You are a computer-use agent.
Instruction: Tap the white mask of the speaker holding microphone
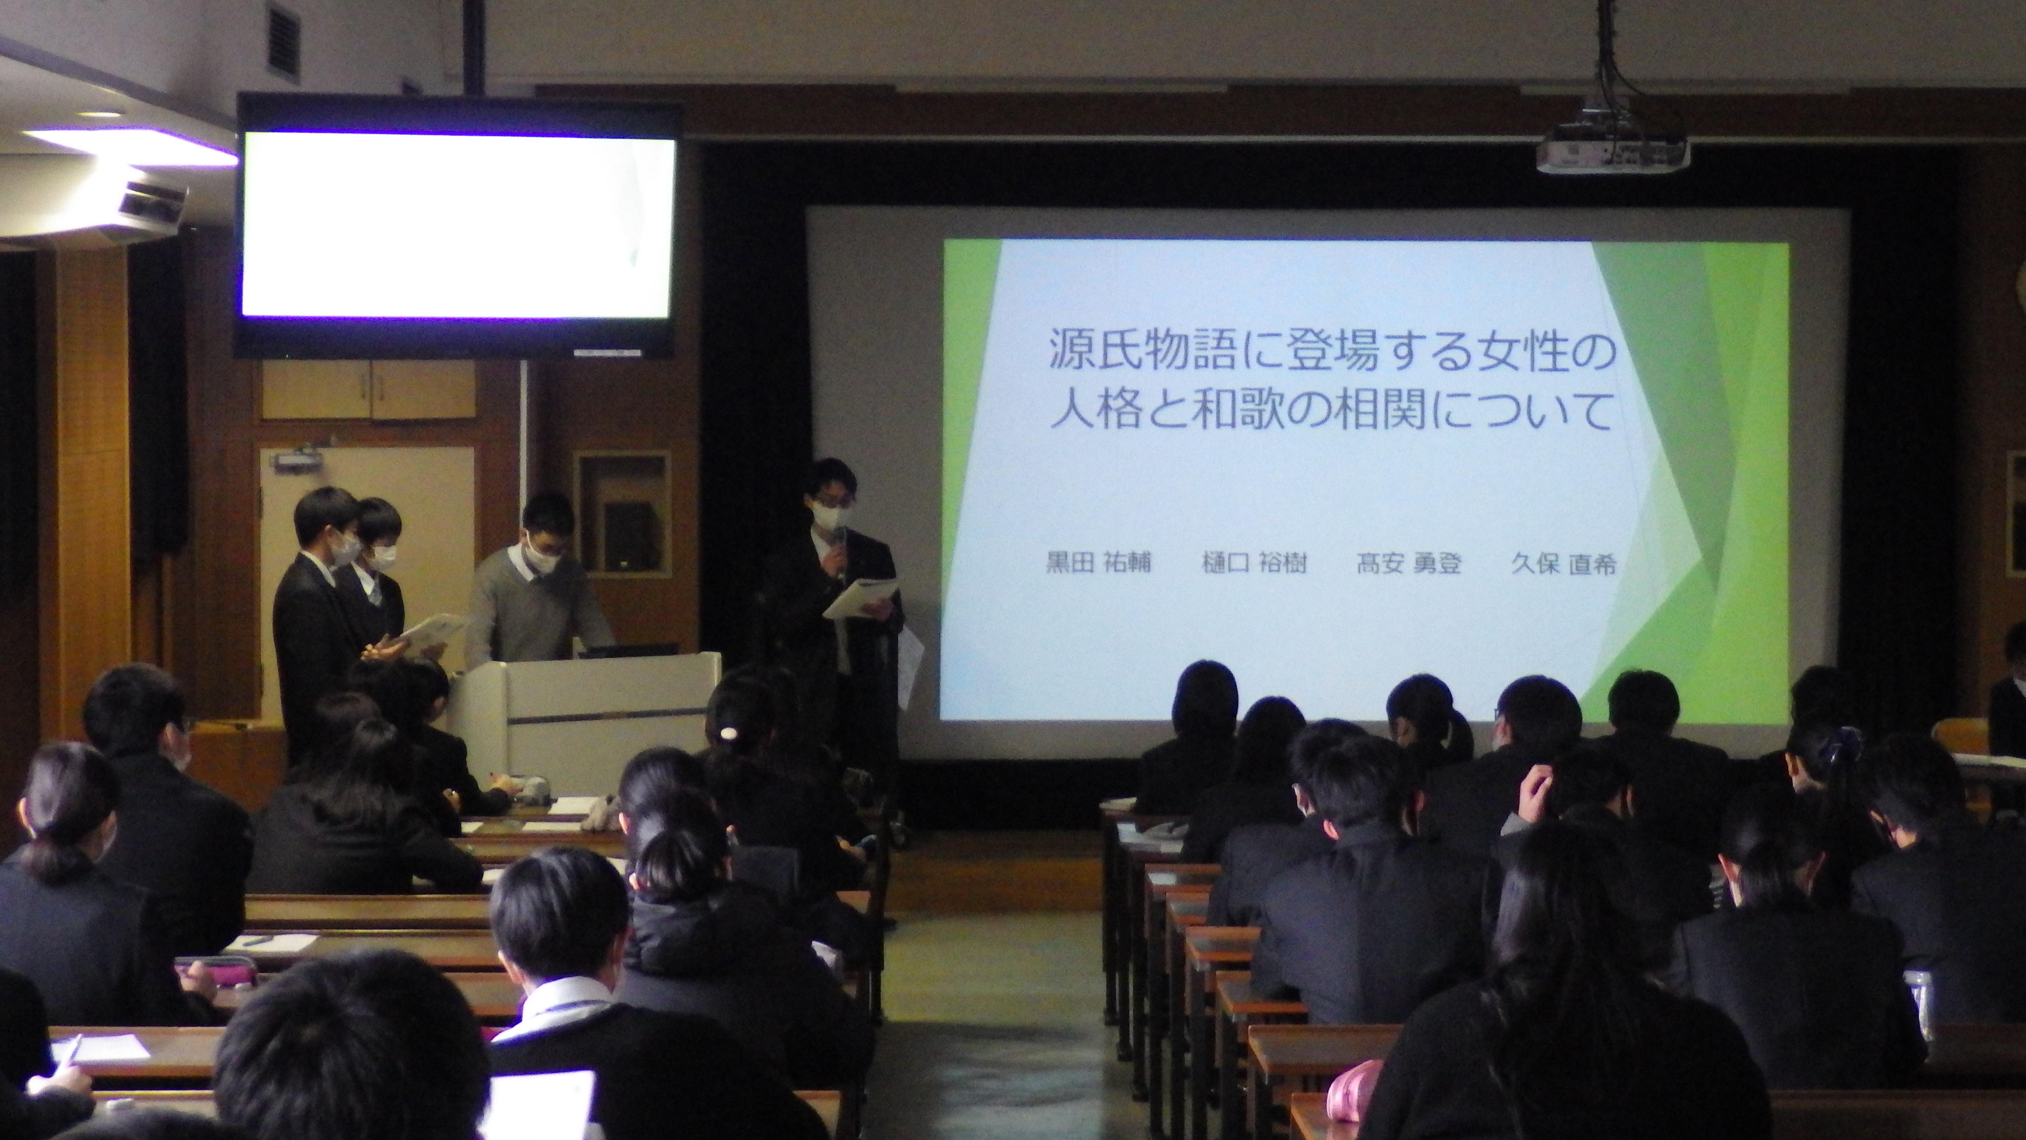coord(829,517)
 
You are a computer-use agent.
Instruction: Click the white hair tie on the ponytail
coord(729,733)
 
